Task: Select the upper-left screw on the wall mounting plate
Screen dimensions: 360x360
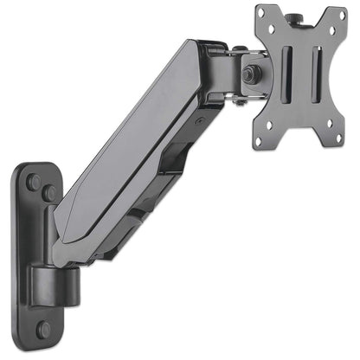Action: click(x=32, y=183)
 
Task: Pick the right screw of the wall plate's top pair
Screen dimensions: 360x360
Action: click(x=49, y=193)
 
